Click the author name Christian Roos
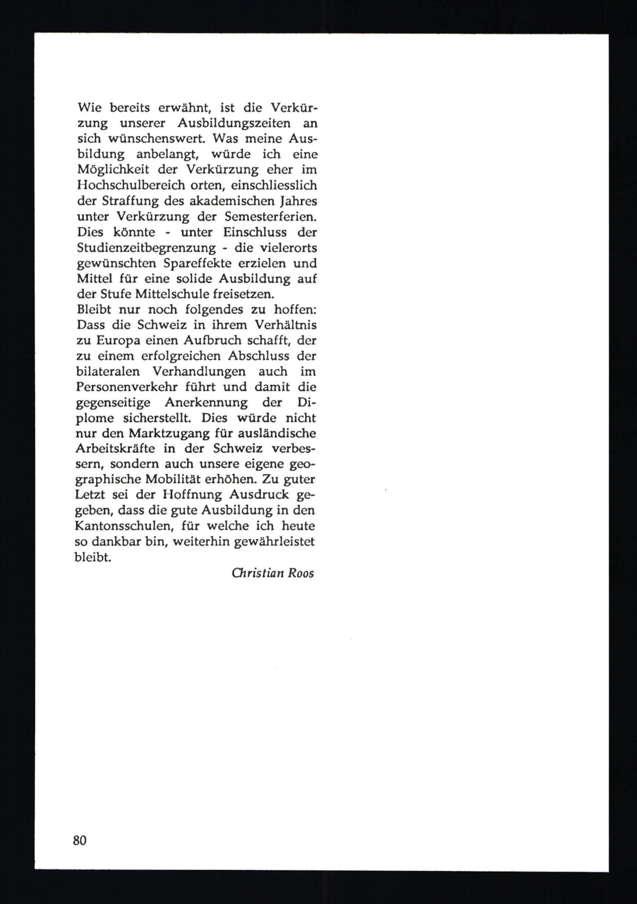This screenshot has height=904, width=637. click(x=273, y=573)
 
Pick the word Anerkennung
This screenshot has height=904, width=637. click(x=206, y=402)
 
